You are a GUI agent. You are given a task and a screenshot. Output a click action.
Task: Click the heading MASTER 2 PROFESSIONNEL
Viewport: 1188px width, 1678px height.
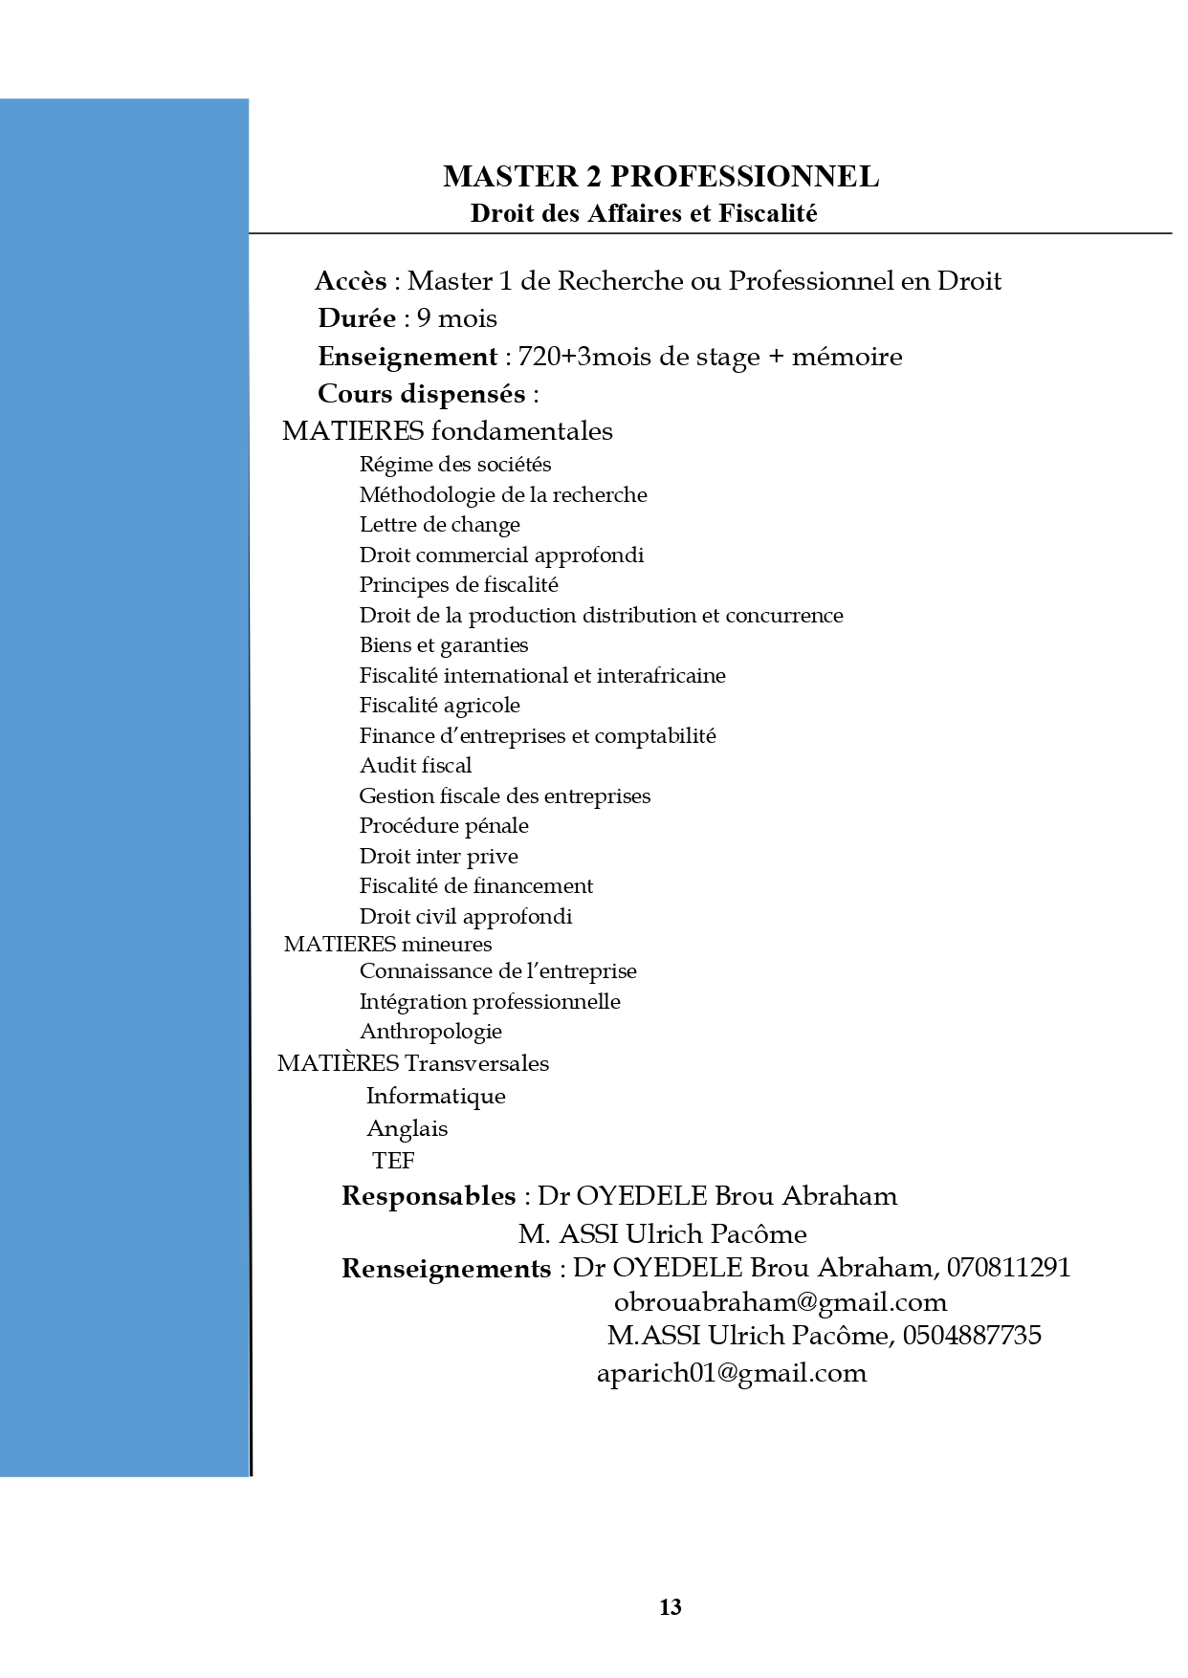[x=661, y=177]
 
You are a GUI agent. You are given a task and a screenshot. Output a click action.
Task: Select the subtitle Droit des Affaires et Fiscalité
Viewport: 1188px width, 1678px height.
[x=644, y=213]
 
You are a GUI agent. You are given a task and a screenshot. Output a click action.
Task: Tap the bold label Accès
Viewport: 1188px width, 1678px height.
[x=350, y=281]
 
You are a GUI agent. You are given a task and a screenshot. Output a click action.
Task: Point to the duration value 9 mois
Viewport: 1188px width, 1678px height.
[x=456, y=318]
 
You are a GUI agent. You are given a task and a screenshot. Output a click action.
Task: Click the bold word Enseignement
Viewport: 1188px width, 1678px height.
[x=407, y=357]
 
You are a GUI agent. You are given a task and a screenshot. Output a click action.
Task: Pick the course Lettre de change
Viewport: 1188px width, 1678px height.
[x=439, y=525]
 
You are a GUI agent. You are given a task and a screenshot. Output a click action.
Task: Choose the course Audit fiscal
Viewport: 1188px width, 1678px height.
[x=415, y=766]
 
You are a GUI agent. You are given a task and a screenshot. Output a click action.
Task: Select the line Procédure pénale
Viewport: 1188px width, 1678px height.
[x=443, y=826]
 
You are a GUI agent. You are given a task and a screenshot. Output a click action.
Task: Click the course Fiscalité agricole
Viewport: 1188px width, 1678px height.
[x=439, y=706]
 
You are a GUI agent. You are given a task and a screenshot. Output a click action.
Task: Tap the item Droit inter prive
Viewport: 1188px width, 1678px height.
[x=438, y=857]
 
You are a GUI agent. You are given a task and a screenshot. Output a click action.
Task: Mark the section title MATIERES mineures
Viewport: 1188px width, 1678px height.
[x=387, y=945]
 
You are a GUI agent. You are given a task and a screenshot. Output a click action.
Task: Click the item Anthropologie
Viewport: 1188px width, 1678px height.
[x=430, y=1032]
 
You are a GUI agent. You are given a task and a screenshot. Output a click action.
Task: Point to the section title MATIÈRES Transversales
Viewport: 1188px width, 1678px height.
[x=413, y=1063]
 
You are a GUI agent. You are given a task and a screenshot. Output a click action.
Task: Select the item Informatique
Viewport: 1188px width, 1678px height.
[x=435, y=1097]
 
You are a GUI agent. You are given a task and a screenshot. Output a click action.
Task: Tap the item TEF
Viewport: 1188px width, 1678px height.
[x=393, y=1161]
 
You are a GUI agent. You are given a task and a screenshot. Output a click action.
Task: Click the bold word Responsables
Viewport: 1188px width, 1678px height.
[x=429, y=1196]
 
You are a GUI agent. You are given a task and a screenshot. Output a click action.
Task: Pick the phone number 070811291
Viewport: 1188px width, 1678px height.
[x=1008, y=1268]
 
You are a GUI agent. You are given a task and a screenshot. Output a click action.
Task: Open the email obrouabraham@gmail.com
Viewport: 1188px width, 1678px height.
[x=781, y=1302]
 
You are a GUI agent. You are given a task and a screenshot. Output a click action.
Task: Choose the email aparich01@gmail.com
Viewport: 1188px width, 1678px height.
[x=732, y=1374]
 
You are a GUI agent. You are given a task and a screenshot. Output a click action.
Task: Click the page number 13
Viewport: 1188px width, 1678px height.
[x=671, y=1607]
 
